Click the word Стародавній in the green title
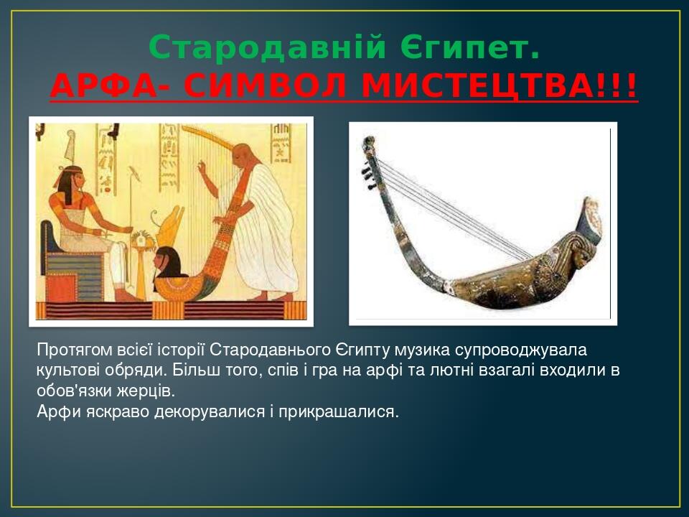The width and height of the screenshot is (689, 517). click(x=264, y=49)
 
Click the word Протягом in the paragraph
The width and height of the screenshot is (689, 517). click(x=74, y=350)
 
